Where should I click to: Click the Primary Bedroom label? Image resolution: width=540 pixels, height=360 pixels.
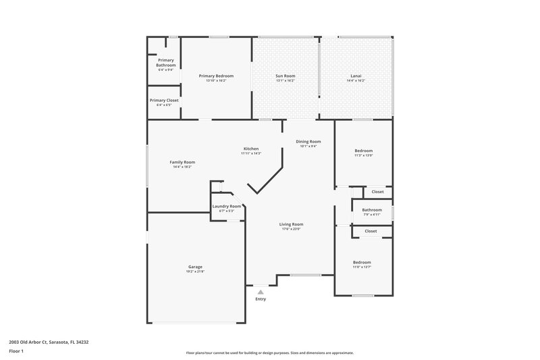(216, 76)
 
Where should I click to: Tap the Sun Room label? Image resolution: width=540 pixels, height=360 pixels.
(285, 76)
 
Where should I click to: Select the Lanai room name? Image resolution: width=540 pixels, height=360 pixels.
(355, 76)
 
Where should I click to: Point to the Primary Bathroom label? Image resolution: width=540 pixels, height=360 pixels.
(165, 63)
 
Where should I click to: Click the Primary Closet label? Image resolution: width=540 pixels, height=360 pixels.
(164, 100)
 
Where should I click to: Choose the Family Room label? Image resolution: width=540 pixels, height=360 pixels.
(182, 162)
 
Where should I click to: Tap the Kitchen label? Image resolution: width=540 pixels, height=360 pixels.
(251, 149)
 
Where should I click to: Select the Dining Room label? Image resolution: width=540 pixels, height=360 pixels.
(308, 141)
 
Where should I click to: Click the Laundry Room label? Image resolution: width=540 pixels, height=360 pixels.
(226, 206)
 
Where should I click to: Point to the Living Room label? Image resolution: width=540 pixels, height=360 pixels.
(292, 224)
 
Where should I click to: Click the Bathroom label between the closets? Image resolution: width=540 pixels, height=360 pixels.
(372, 209)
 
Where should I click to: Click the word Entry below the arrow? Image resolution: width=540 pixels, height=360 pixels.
(261, 299)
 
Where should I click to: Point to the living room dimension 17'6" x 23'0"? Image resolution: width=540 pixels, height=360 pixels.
(292, 230)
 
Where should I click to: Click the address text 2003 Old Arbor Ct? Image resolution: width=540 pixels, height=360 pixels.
(49, 342)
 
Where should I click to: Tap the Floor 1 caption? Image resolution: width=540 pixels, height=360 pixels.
(17, 352)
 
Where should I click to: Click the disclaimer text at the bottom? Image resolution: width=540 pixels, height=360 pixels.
(269, 353)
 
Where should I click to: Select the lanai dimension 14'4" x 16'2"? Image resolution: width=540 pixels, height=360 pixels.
(355, 80)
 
